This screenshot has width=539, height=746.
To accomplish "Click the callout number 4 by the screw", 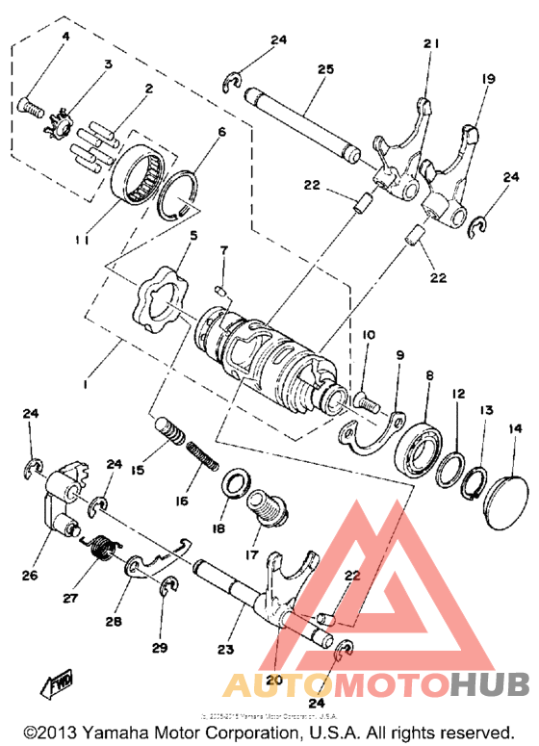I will [65, 37].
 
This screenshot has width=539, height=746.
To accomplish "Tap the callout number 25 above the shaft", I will [324, 70].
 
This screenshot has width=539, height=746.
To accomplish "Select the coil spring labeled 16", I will [198, 451].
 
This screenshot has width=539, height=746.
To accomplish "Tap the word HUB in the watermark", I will [490, 683].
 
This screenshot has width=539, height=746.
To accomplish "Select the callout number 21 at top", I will [430, 44].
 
